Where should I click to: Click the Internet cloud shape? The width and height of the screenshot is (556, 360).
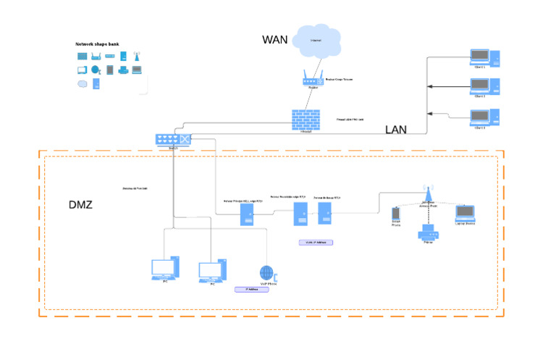316,42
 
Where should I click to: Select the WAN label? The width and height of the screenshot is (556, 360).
276,40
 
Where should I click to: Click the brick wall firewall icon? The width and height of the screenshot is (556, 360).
306,119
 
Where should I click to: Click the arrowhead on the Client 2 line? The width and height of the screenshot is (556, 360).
431,87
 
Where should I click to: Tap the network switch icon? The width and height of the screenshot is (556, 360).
174,140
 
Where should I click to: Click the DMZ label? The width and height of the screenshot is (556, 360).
80,205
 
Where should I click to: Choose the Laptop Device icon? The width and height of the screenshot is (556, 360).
465,213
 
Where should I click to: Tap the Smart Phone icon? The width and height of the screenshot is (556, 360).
396,214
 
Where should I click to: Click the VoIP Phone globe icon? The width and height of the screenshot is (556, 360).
267,273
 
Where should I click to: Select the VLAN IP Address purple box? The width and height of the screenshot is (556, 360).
315,242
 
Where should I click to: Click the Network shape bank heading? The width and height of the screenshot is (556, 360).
97,44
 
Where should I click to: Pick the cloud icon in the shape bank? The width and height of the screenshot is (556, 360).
82,83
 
